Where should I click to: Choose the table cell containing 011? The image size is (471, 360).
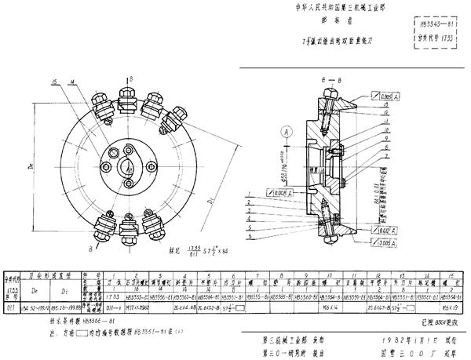click(x=9, y=298)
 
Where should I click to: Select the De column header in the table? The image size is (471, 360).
click(x=35, y=282)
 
